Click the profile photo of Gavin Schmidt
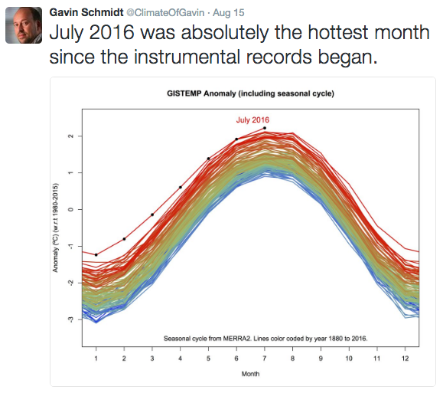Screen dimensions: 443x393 [x=24, y=25]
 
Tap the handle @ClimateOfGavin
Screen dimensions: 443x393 [x=165, y=13]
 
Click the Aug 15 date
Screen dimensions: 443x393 [x=228, y=13]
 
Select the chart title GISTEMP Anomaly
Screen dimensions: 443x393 [x=201, y=93]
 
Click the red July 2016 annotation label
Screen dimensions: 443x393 [x=252, y=120]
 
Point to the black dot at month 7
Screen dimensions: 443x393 [x=265, y=128]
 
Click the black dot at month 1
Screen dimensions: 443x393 [x=96, y=255]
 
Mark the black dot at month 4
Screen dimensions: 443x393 [x=181, y=187]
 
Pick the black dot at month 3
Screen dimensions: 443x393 [x=152, y=215]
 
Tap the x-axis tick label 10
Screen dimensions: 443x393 [x=349, y=359]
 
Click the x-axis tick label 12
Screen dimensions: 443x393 [x=405, y=359]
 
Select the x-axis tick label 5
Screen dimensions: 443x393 [x=208, y=359]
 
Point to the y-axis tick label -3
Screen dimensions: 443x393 [x=70, y=319]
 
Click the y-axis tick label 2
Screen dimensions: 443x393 [x=70, y=136]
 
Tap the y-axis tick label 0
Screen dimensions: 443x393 [x=70, y=209]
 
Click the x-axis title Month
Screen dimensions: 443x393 [x=250, y=374]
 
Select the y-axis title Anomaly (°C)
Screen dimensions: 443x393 [x=55, y=228]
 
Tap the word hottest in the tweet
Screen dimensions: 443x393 [x=338, y=32]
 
